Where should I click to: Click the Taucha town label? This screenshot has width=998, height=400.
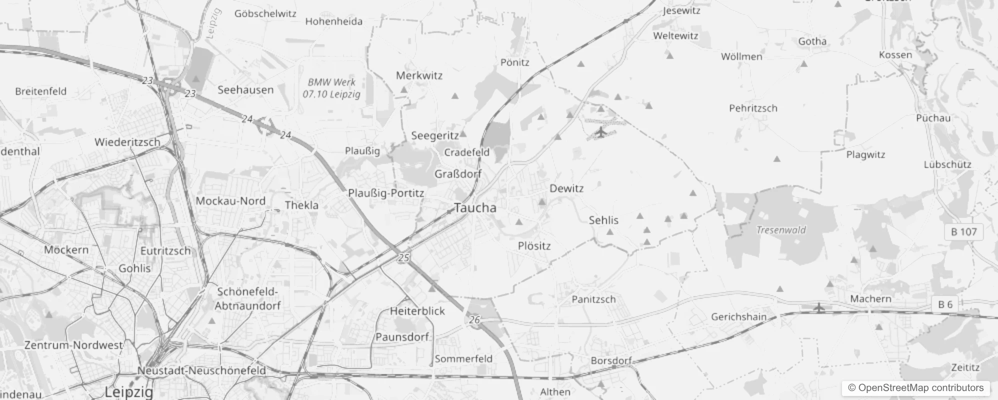[x=475, y=208]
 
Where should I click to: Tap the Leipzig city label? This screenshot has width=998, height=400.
[x=129, y=391]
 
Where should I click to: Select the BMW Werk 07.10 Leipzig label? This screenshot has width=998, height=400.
[x=331, y=88]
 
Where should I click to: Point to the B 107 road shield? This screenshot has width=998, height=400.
[x=963, y=232]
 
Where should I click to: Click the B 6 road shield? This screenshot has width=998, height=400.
[x=945, y=304]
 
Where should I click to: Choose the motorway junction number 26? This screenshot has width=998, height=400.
[x=474, y=319]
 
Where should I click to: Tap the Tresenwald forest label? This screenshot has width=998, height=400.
[x=781, y=230]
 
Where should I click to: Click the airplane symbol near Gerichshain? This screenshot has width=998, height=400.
[x=818, y=306]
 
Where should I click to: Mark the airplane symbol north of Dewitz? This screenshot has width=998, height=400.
[x=600, y=132]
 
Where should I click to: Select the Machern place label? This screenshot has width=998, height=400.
[x=870, y=298]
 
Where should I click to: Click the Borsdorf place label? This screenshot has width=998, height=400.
[x=611, y=360]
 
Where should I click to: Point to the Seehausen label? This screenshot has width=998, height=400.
[x=245, y=90]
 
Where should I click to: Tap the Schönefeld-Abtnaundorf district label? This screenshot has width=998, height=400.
[x=247, y=298]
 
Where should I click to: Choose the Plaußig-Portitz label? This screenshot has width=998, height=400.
[x=385, y=193]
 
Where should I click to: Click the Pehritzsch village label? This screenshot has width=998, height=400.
[x=753, y=108]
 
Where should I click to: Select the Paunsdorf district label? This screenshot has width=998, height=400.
[x=402, y=337]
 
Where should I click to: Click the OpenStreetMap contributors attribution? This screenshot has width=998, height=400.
[x=915, y=387]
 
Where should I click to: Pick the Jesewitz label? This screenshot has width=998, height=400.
[x=681, y=10]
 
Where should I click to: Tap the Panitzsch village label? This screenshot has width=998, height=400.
[x=593, y=299]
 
